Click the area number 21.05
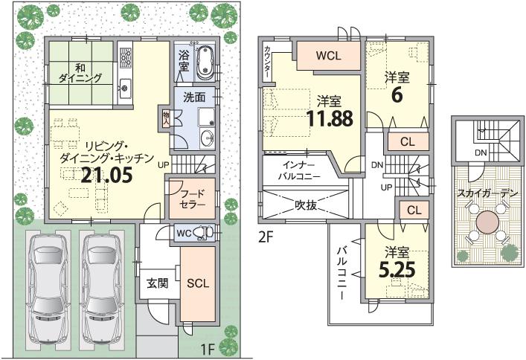[108, 176]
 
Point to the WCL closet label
[328, 56]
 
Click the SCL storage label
[197, 283]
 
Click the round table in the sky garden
[488, 222]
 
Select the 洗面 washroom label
[194, 97]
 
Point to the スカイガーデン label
[488, 192]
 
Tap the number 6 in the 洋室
[397, 94]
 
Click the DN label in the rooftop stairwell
[481, 152]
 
